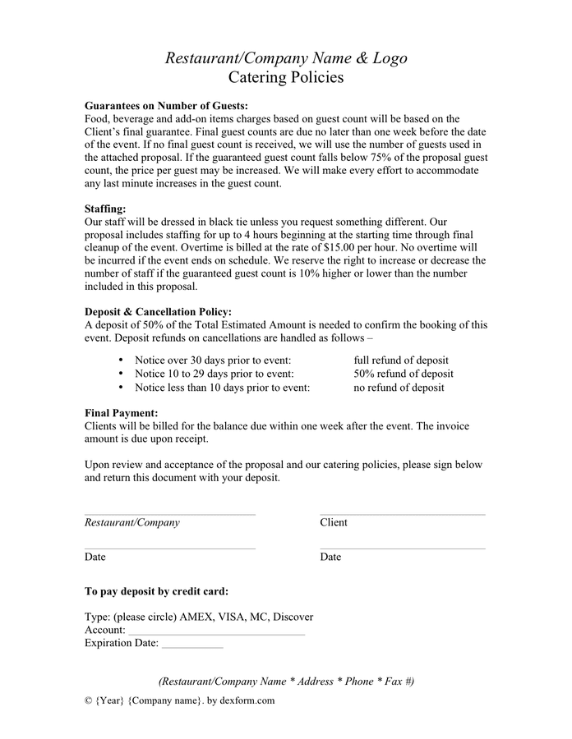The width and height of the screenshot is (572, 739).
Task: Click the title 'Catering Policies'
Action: pos(285,78)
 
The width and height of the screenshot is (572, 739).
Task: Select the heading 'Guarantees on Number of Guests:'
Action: pos(166,106)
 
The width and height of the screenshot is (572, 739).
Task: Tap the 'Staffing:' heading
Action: pos(105,209)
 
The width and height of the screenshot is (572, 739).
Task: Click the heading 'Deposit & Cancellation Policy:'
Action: pos(158,312)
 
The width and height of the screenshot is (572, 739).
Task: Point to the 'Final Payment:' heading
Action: pos(122,413)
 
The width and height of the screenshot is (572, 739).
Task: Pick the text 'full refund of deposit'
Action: pos(401,360)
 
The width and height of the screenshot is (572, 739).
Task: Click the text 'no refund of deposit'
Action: pos(399,388)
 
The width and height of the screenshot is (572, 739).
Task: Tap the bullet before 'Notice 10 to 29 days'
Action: pos(121,374)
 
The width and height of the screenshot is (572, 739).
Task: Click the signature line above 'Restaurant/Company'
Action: pos(169,515)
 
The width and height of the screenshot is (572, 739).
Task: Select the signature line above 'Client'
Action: pos(402,515)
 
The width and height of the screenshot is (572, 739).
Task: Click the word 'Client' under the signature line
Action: pos(334,523)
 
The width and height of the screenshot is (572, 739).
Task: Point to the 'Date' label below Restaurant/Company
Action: pos(95,558)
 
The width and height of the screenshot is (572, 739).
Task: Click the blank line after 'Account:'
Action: pos(215,633)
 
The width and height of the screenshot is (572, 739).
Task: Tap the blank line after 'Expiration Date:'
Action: pos(192,647)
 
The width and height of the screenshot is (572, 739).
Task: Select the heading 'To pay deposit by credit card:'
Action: pos(157,591)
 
